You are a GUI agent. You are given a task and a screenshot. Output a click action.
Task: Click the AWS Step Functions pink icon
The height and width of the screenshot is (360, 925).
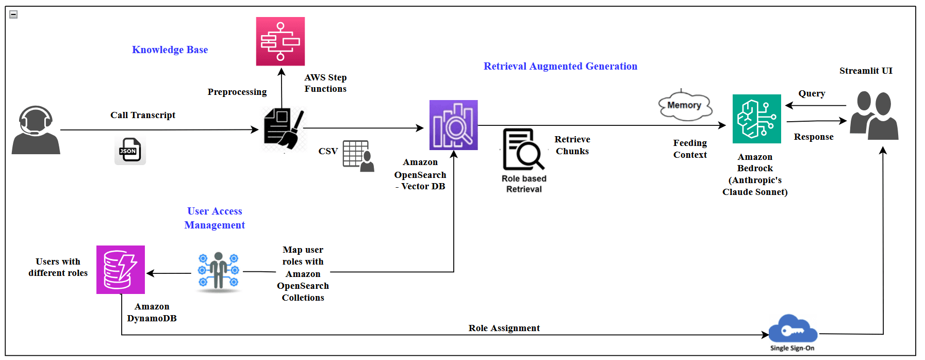(x=280, y=41)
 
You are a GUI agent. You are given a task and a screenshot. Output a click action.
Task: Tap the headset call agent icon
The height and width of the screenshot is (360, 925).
(x=36, y=130)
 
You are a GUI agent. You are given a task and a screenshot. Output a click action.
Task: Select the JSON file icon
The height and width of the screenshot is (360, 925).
(x=130, y=151)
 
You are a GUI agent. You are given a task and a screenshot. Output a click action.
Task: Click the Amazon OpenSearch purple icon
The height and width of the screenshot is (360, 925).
(x=453, y=125)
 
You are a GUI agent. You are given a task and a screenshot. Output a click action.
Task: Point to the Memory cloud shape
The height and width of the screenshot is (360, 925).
(x=685, y=106)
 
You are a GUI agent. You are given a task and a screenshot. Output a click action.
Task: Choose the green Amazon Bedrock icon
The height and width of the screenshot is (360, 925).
(x=756, y=119)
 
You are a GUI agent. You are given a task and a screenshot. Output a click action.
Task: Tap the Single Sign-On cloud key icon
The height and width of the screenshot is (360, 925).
(x=792, y=330)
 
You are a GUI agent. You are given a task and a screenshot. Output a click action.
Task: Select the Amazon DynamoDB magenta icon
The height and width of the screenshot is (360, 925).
(x=121, y=270)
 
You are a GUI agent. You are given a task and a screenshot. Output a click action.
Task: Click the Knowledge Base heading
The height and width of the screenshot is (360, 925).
(x=170, y=50)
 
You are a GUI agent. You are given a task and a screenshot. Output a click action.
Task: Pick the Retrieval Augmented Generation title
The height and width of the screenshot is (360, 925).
(x=560, y=66)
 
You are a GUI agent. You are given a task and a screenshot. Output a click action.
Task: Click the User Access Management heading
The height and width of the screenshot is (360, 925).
(x=214, y=218)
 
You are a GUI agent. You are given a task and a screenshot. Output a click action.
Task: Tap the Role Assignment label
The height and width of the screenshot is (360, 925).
(x=504, y=328)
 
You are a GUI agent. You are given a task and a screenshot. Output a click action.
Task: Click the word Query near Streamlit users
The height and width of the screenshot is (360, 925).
(x=812, y=93)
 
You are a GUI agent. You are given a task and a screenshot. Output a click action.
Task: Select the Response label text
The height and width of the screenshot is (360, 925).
(x=813, y=137)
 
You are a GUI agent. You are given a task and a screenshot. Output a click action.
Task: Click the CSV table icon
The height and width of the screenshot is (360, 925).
(x=358, y=156)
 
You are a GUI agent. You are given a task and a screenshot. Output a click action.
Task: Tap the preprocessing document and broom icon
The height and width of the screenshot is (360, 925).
(x=283, y=129)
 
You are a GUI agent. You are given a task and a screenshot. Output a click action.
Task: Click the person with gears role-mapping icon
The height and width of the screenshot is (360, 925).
(x=218, y=271)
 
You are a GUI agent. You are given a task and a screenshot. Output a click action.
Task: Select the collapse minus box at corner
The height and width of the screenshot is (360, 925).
(x=14, y=14)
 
